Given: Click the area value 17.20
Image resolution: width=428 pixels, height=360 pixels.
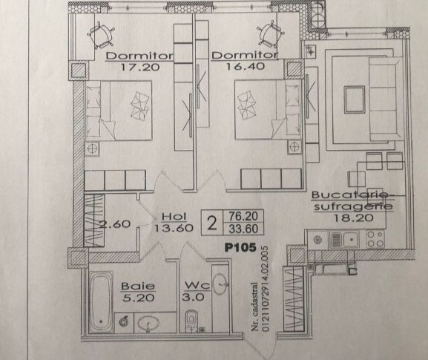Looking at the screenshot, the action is point(139,67).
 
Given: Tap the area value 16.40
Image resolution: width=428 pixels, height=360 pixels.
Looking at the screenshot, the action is point(245,66).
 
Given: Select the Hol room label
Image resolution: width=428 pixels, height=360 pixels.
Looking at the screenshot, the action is point(174,217).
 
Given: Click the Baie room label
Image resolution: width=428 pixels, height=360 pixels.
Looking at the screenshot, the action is point(138,286).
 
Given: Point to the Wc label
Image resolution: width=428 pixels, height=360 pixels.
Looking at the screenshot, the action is point(197,286).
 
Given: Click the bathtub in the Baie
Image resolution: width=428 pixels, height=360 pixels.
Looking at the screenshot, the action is point(101,301).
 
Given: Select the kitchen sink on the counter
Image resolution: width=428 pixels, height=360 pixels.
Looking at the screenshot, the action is point(344,240).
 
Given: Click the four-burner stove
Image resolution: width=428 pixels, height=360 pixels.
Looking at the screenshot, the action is point(375,239).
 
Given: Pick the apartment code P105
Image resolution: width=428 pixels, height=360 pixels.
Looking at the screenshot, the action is point(240,247).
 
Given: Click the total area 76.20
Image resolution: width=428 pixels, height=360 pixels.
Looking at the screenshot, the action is point(243,216).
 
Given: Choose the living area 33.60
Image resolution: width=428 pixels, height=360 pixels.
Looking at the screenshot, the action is point(243,229).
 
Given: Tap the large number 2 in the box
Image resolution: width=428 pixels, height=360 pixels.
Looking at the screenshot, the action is point(212,223).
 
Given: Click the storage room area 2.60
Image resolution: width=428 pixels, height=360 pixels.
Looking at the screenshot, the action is point(115,224).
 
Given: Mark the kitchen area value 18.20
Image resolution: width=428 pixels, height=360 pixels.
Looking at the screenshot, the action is point(354,217).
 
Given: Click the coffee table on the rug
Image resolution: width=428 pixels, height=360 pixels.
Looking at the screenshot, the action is point(355,99).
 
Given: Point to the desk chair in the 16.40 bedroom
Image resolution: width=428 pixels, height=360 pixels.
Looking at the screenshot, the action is point(270,35).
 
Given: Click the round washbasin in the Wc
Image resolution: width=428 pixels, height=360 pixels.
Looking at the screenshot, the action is point(220,284).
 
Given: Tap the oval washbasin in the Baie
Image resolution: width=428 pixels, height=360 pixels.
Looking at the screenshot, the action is point(148,324).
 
